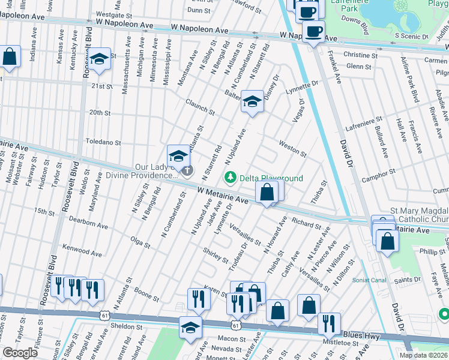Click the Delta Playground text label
[271, 178]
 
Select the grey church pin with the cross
[188, 171]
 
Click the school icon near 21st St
[100, 59]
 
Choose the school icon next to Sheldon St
[190, 328]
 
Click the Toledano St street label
[103, 143]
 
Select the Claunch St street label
[200, 107]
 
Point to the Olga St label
[140, 241]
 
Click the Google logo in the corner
[20, 353]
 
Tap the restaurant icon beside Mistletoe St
[328, 323]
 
